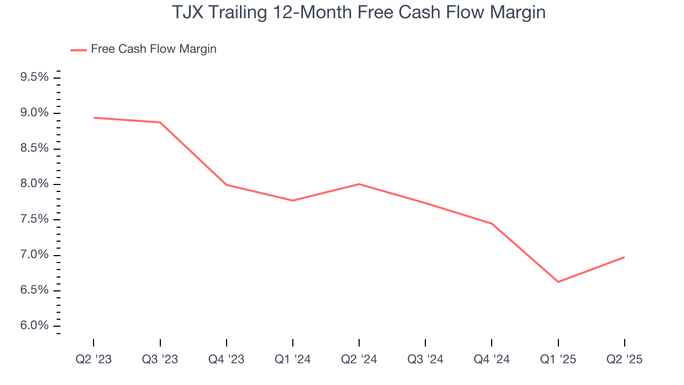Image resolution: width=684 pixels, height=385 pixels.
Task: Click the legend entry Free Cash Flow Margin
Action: point(153,49)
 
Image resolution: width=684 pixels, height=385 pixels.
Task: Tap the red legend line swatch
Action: point(79,50)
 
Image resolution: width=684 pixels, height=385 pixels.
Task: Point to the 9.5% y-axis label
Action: point(35,78)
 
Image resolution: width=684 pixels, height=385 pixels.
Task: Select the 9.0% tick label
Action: point(35,113)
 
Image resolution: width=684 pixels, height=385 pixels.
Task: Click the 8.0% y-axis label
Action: point(35,184)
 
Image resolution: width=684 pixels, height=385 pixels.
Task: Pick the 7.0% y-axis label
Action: point(35,255)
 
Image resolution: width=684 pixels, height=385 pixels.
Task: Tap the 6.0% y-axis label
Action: point(35,326)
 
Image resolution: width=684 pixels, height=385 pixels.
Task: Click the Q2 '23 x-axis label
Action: point(94,359)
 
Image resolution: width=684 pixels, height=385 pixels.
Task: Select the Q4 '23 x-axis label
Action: point(227,359)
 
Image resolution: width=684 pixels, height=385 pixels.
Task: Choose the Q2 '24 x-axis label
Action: point(359,359)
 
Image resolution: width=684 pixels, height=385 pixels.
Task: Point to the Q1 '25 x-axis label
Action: point(558,359)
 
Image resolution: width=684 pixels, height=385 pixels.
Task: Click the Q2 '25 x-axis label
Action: point(625,359)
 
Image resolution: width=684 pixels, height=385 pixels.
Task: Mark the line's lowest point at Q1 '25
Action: point(558,282)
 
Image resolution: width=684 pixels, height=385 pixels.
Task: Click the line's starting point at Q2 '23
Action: point(94,118)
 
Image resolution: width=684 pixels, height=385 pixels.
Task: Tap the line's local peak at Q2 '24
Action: point(359,184)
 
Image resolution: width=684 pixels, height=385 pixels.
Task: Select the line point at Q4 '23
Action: point(227,184)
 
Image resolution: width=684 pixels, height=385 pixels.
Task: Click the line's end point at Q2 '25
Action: point(624,257)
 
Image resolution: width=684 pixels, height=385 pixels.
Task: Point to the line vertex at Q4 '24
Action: point(492,224)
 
